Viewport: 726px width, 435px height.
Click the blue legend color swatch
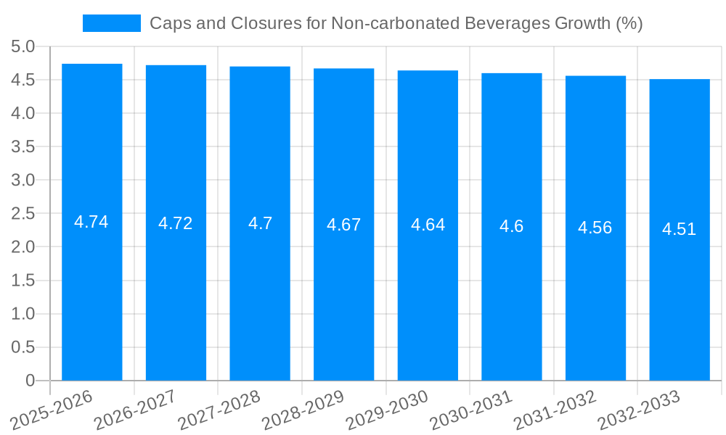click(112, 23)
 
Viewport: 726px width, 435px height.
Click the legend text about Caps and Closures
click(396, 23)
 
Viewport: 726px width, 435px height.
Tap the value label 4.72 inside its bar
click(176, 223)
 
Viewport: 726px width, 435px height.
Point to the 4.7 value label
click(260, 223)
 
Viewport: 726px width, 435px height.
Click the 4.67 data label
click(343, 225)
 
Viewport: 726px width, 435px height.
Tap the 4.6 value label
click(511, 226)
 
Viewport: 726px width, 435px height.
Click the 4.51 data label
click(679, 229)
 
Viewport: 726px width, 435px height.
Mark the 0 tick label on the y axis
click(30, 381)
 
